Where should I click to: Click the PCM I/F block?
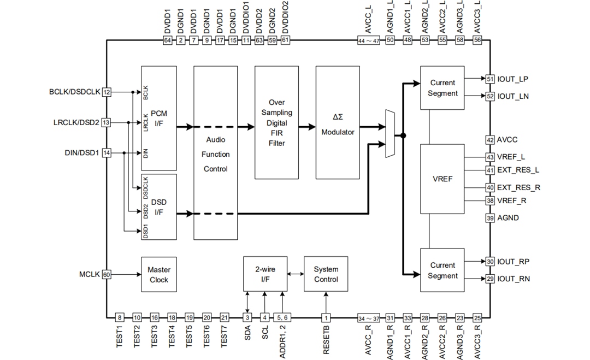coord(159,117)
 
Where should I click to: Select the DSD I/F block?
coord(159,206)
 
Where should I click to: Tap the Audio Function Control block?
coord(216,153)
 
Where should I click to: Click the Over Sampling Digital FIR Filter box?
coord(276,122)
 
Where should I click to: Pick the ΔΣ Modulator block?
coord(338,122)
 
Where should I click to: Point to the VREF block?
coord(442,179)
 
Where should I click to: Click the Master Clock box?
coord(159,274)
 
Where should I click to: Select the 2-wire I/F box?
coord(265,274)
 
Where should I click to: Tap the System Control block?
coord(326,274)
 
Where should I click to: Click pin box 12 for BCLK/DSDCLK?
coord(107,92)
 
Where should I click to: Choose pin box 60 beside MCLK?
coord(107,275)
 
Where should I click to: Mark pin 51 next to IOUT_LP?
coord(490,79)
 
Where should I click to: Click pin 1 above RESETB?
coord(326,317)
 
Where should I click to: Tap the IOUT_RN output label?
coord(514,279)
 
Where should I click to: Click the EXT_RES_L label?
coord(518,170)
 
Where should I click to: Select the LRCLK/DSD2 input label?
coord(76,123)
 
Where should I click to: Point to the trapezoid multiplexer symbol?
coord(390,134)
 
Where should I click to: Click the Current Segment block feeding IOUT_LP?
coord(442,88)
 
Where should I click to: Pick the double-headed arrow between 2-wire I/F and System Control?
coord(295,274)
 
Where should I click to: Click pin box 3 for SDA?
coord(247,317)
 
